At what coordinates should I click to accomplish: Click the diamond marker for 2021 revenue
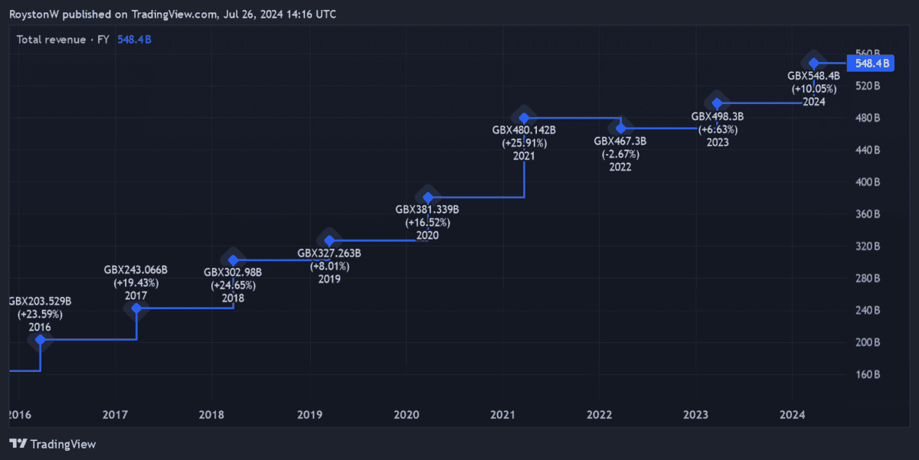coord(525,119)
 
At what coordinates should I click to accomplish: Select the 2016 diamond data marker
coord(41,339)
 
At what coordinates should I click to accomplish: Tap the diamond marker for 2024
coord(814,63)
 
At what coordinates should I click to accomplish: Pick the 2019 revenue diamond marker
coord(329,241)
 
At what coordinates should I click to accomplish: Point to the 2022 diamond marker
coord(621,128)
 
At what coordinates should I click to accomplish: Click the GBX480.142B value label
coord(524,130)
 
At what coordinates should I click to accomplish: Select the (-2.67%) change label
coord(620,154)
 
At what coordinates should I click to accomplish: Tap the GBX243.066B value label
coord(136,270)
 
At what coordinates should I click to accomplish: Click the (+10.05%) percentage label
coord(813,89)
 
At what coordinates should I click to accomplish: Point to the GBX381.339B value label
coord(427,209)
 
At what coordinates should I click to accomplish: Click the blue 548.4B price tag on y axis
coord(871,64)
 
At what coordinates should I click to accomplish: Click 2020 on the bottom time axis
coord(406,415)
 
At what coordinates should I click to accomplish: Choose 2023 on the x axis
coord(695,415)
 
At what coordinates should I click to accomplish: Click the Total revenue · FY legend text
coord(62,39)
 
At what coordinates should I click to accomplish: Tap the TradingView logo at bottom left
coord(53,444)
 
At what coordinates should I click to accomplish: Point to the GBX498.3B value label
coord(717,116)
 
